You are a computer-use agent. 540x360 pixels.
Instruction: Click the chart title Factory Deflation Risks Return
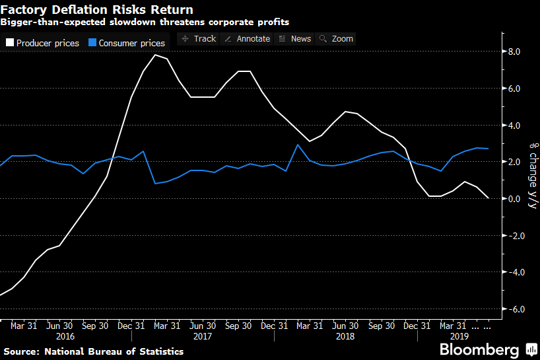point(97,10)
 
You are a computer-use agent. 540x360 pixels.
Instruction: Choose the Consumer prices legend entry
point(126,43)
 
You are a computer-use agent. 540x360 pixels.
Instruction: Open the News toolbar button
point(294,38)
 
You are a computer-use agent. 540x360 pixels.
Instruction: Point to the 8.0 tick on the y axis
point(514,52)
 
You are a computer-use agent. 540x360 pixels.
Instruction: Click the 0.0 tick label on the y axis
point(514,199)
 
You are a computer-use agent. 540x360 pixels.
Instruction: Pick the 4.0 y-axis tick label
point(514,126)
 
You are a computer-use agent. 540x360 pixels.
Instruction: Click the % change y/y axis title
point(532,176)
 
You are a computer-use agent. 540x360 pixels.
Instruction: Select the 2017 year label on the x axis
point(203,336)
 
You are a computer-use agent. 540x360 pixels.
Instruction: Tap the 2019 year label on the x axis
point(452,336)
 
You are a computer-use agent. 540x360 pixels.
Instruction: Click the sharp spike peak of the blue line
point(298,145)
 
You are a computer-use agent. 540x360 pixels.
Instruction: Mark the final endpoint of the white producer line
point(489,198)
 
